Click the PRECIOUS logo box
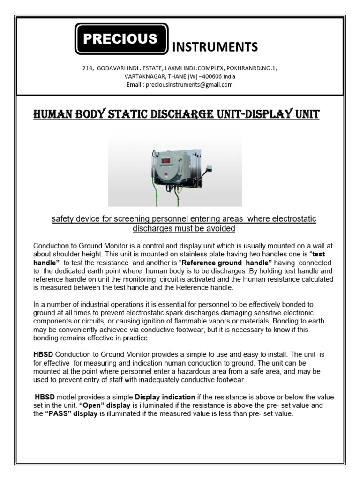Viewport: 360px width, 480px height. tap(121, 39)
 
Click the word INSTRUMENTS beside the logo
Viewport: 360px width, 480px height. tap(215, 47)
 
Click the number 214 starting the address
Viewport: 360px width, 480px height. tap(88, 68)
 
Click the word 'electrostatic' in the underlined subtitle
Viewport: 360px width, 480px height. tap(294, 219)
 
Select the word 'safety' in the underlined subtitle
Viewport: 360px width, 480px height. tap(63, 219)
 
